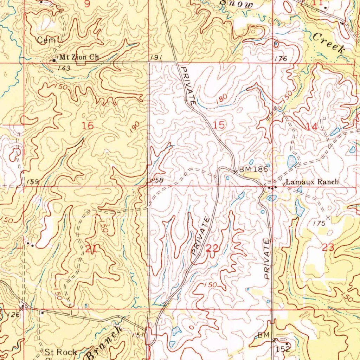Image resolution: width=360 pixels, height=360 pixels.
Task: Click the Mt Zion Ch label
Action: pyautogui.click(x=79, y=57)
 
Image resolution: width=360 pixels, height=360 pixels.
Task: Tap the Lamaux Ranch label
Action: pyautogui.click(x=312, y=182)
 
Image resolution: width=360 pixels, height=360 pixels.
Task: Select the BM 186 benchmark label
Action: pyautogui.click(x=253, y=169)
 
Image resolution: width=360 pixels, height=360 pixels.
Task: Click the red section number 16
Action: pyautogui.click(x=88, y=125)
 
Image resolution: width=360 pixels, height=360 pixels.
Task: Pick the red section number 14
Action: pyautogui.click(x=311, y=127)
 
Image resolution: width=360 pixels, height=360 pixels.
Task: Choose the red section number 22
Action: pyautogui.click(x=213, y=249)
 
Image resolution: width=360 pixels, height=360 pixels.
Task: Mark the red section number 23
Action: pyautogui.click(x=328, y=247)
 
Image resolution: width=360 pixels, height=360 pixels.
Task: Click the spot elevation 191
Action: pyautogui.click(x=156, y=58)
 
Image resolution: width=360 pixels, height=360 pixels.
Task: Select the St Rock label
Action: pyautogui.click(x=60, y=352)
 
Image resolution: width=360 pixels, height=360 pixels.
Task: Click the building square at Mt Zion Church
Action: pyautogui.click(x=54, y=60)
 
